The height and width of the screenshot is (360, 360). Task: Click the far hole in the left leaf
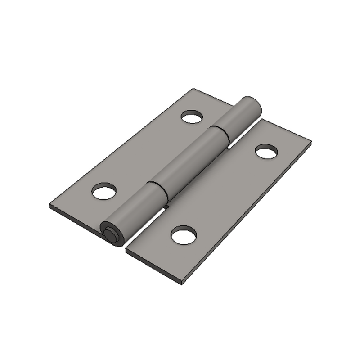click(192, 117)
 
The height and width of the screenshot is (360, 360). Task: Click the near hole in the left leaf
click(104, 192)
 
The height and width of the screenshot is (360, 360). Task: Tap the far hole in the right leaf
click(266, 152)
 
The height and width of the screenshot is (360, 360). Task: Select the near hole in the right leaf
click(184, 235)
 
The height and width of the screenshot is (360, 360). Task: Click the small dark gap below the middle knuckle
click(166, 207)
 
